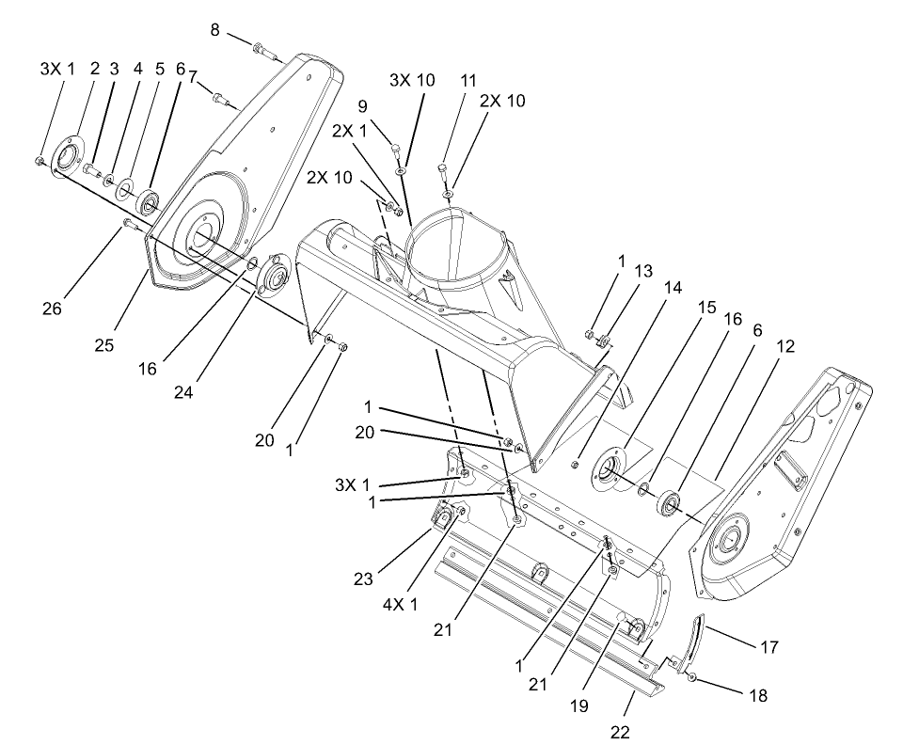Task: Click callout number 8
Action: click(214, 30)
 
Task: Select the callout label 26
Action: click(53, 308)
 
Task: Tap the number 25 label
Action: click(104, 345)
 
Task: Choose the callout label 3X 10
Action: click(412, 80)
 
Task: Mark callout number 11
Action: click(468, 81)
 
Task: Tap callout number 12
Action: click(785, 346)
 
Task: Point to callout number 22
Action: click(619, 731)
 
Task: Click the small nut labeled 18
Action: click(691, 677)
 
